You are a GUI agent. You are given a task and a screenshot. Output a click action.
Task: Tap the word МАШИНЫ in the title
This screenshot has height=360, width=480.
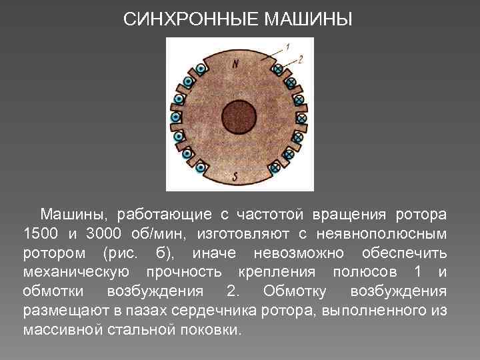(308, 19)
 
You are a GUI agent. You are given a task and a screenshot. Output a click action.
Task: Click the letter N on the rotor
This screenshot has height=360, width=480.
(236, 63)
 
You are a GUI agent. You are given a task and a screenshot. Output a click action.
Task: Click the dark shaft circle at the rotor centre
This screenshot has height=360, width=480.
(239, 117)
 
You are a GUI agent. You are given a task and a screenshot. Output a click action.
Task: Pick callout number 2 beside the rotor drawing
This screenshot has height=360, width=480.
(301, 59)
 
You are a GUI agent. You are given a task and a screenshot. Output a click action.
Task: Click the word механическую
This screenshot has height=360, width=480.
(76, 273)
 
